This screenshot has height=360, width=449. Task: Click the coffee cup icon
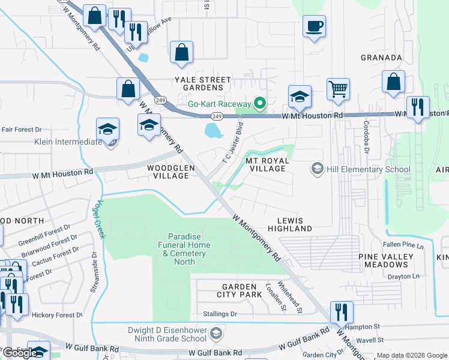click(x=314, y=26)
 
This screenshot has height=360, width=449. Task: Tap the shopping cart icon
click(x=339, y=89)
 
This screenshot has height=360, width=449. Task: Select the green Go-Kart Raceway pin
click(x=260, y=103)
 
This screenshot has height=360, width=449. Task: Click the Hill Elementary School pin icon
click(x=316, y=169)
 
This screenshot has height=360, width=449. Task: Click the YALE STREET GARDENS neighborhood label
click(x=202, y=83)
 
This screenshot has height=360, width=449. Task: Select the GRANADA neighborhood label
click(x=381, y=58)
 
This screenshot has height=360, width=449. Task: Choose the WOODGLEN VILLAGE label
click(x=169, y=172)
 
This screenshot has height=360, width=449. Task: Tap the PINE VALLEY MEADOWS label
click(x=386, y=260)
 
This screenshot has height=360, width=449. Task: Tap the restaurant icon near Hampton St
click(x=341, y=312)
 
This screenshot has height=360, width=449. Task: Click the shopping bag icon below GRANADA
click(x=393, y=83)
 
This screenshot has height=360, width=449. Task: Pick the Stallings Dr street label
click(x=220, y=314)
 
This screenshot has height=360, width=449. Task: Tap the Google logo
click(x=20, y=353)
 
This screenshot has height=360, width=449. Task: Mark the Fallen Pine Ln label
click(x=403, y=245)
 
